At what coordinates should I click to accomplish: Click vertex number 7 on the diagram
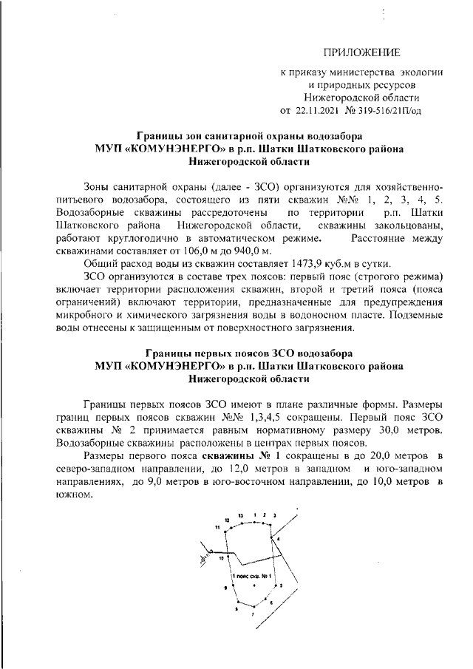click(x=253, y=614)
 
